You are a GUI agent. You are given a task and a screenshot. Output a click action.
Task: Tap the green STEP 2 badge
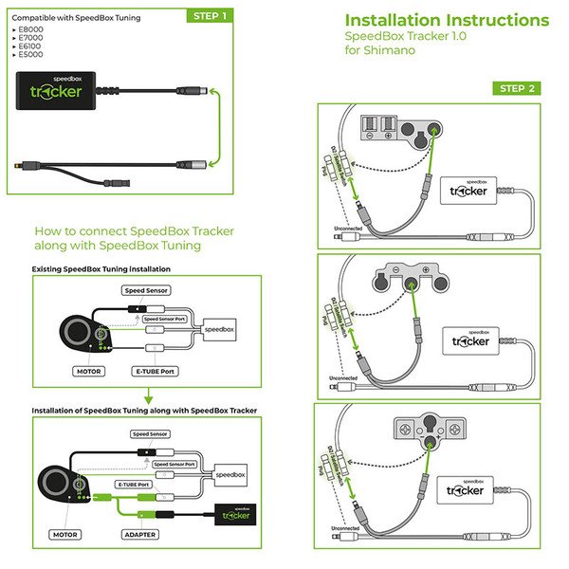coord(517,88)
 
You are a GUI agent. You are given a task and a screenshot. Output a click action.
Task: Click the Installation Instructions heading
coord(446,20)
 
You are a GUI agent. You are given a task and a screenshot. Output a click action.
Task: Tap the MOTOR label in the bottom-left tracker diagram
coord(65,534)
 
